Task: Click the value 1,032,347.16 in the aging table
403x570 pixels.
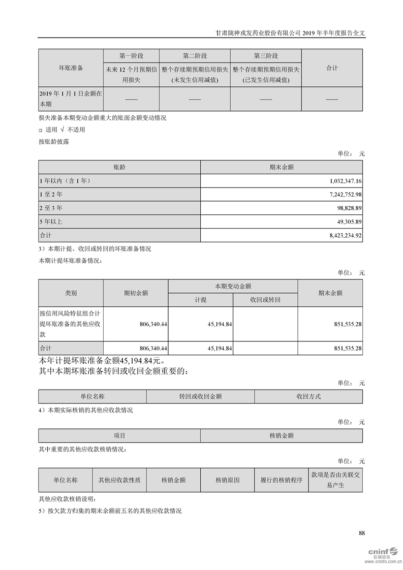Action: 344,181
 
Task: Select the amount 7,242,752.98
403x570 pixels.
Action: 344,195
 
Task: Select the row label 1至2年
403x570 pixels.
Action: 51,195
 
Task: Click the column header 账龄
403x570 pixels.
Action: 119,167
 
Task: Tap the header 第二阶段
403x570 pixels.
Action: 195,56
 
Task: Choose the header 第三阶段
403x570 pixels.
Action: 266,56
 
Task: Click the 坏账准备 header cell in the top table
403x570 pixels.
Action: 71,68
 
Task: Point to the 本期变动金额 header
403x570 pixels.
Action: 233,287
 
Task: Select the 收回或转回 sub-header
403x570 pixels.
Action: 265,300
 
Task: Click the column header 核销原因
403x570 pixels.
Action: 227,480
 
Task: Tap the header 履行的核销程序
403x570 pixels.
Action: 281,480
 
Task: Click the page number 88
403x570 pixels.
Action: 362,533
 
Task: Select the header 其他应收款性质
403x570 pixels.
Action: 119,480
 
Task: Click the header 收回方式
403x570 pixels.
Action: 308,396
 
